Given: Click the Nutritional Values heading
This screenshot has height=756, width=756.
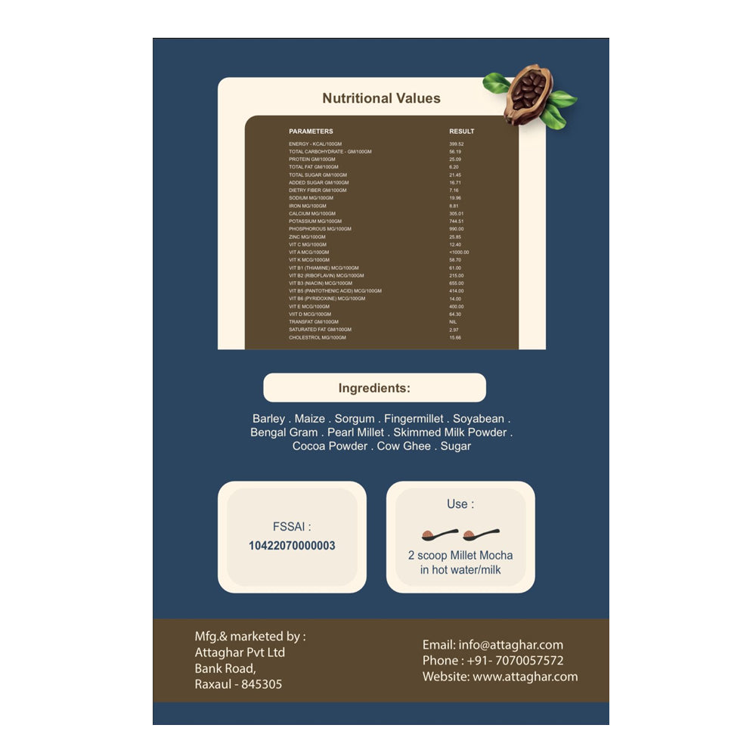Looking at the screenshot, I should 381,98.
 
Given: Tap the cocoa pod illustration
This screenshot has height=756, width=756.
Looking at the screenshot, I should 529,95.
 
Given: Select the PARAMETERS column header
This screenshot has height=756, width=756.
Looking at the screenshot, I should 311,132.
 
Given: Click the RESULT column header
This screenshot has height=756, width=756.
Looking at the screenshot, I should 462,132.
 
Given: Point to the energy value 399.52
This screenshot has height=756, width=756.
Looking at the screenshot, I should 457,144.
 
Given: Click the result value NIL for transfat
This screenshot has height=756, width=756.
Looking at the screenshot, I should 453,322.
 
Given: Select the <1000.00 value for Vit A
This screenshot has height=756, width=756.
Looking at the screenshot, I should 459,253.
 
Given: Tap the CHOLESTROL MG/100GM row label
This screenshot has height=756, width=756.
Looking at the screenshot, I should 318,337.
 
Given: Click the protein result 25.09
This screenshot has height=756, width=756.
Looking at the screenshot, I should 455,160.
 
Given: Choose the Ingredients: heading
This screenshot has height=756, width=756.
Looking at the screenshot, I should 374,389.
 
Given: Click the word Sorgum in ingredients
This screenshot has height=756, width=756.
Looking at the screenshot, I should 355,419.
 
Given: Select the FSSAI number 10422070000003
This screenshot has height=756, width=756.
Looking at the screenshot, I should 292,546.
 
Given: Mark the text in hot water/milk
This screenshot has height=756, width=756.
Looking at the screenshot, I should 460,570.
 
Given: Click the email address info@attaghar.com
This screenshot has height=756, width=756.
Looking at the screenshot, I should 510,645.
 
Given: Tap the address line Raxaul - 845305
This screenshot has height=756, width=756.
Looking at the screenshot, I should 238,684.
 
